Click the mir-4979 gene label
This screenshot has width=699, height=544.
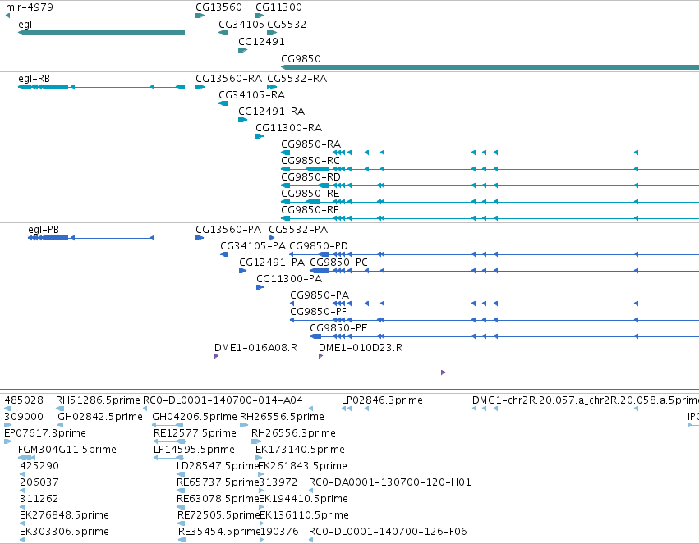30,7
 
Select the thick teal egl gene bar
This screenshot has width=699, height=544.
101,33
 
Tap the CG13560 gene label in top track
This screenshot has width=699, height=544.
218,7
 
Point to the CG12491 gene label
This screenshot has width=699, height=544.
261,41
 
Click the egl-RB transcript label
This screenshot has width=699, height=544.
34,79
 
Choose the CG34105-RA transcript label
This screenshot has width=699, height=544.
252,95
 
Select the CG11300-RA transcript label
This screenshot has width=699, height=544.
289,128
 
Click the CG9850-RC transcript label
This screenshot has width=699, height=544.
310,160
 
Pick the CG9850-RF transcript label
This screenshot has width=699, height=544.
310,210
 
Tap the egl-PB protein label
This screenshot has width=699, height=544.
44,230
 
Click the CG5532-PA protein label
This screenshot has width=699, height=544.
298,230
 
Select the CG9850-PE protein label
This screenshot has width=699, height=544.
338,328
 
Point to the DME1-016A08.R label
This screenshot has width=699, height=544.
256,348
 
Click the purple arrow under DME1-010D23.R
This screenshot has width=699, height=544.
320,356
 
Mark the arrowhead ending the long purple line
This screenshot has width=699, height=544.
443,373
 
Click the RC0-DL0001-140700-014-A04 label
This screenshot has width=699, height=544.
223,400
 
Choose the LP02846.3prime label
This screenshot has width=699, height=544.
382,400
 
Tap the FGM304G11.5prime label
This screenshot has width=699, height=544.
67,450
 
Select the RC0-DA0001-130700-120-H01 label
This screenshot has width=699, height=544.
390,482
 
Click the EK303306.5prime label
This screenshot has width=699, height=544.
64,532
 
